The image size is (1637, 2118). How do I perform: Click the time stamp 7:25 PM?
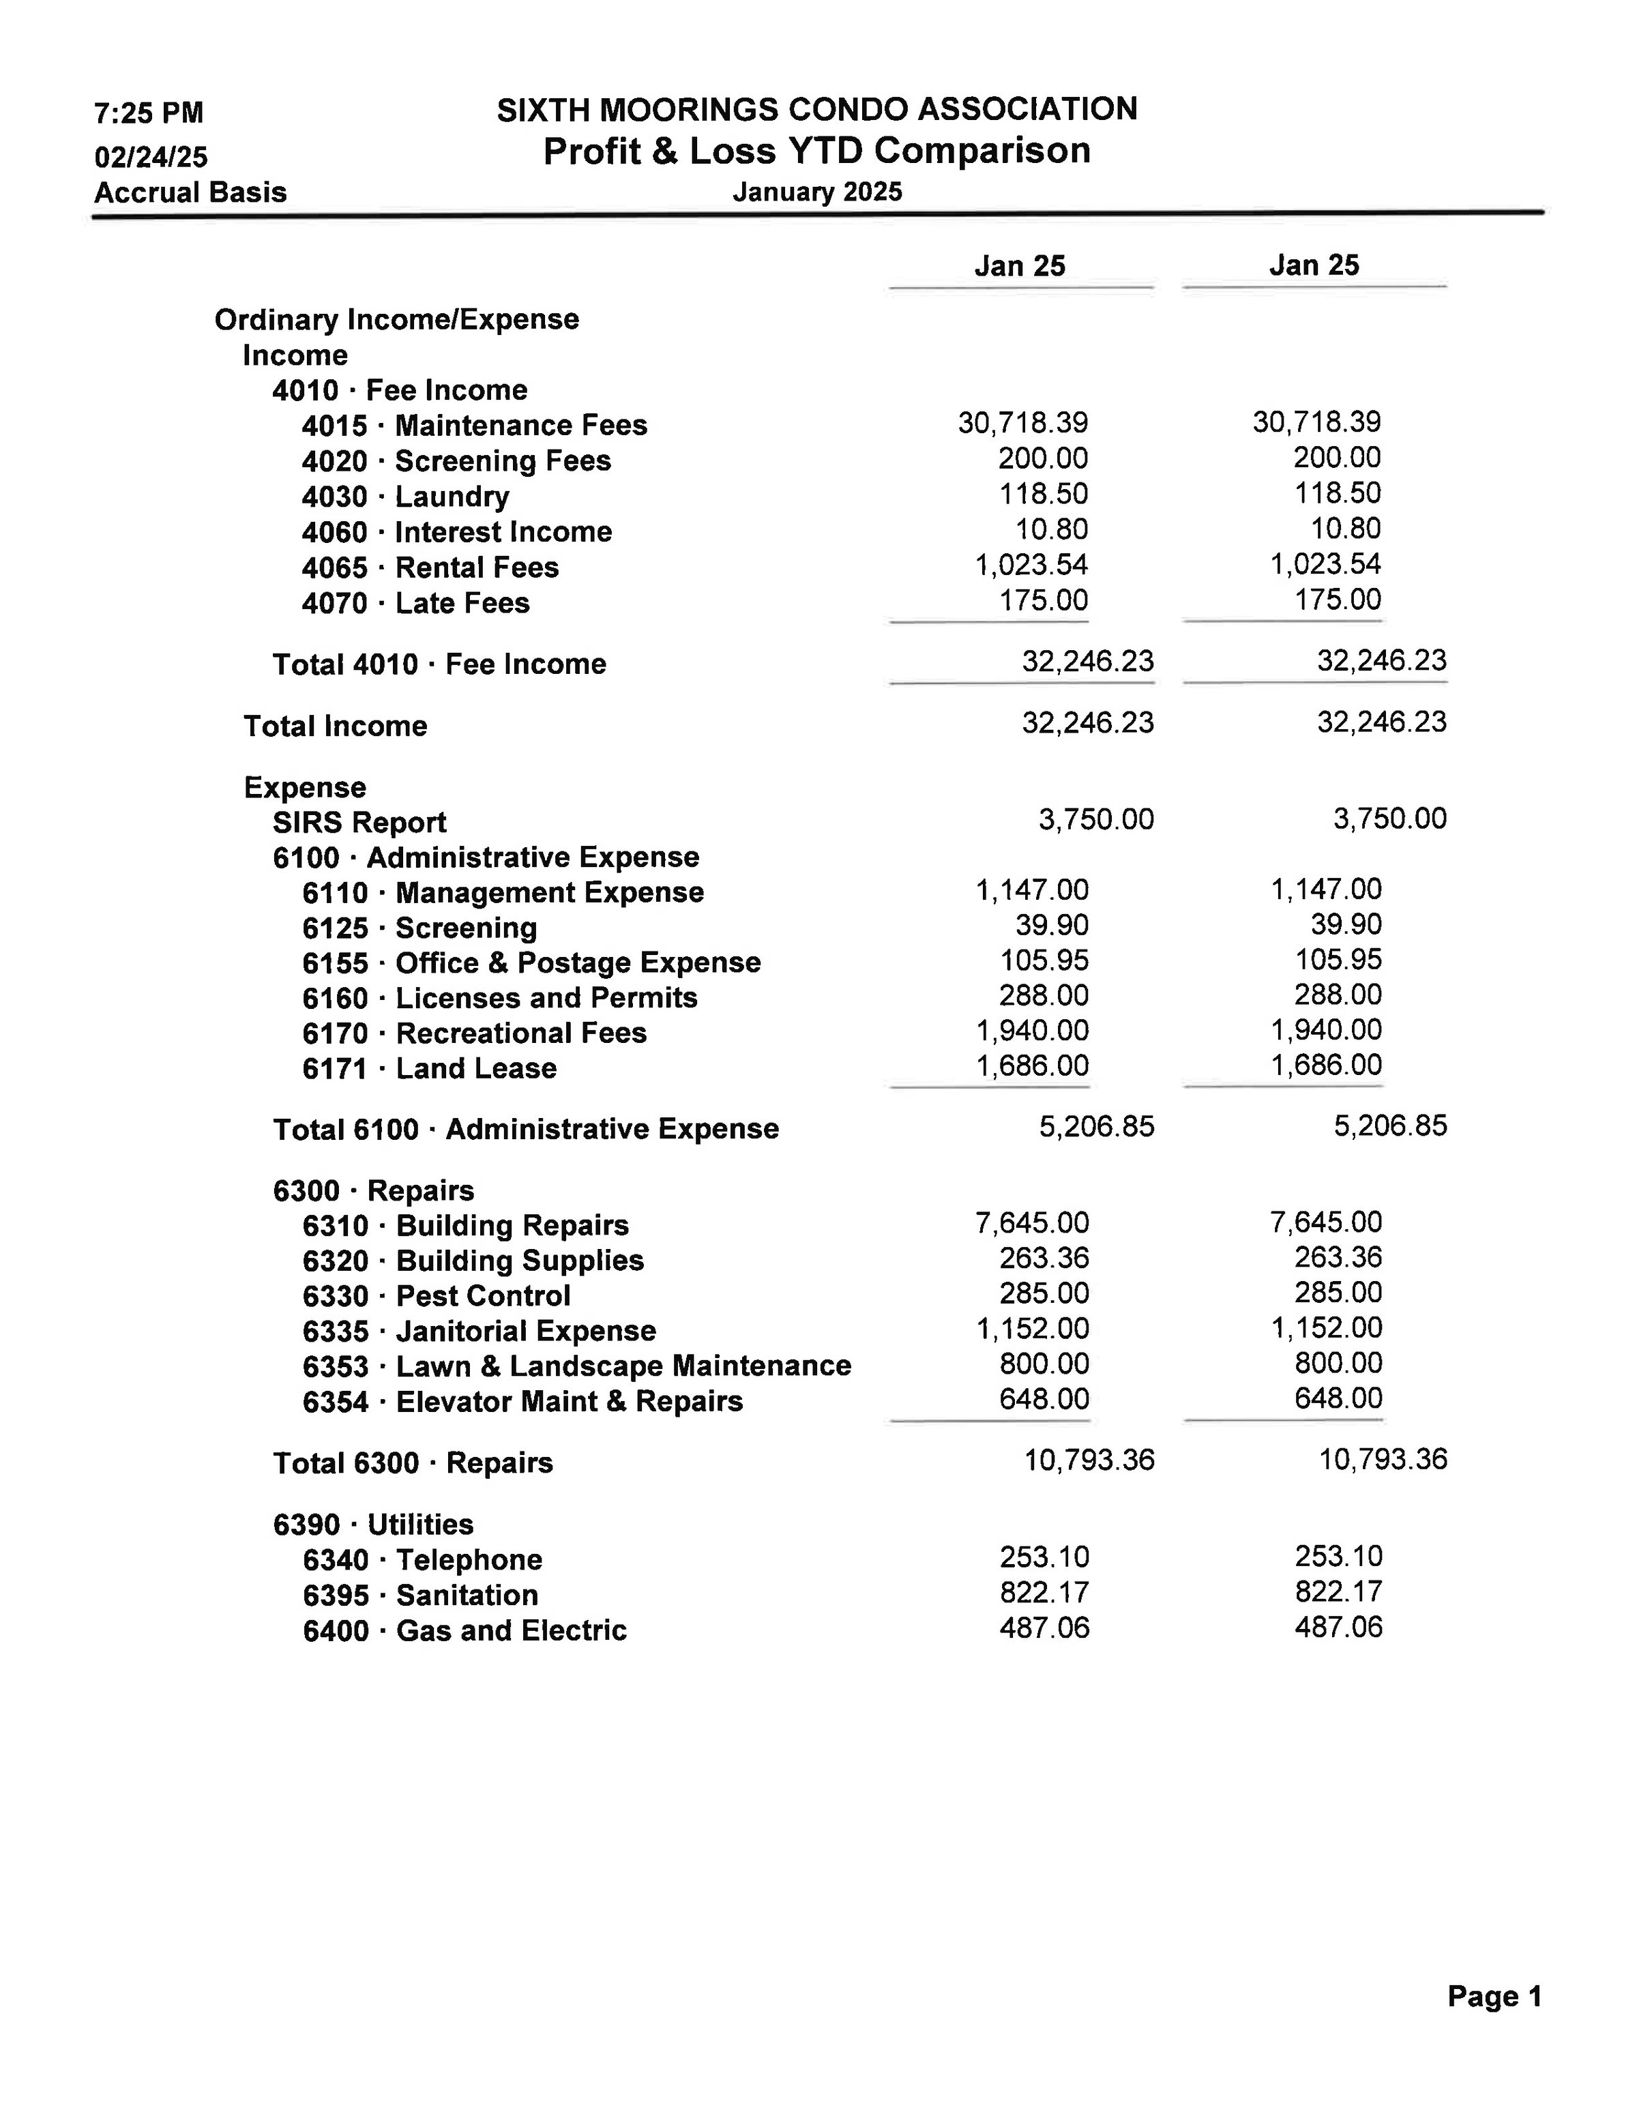(149, 113)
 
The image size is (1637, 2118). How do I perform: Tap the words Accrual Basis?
(190, 192)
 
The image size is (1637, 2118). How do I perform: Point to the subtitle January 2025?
(816, 192)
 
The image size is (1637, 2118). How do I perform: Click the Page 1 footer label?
(1494, 1996)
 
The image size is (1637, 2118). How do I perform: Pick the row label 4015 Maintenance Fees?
(473, 426)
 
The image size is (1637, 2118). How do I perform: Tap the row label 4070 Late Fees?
(415, 603)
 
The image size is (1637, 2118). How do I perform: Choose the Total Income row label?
(335, 726)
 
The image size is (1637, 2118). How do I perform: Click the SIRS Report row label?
(359, 823)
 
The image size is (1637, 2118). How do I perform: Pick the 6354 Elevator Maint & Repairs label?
(522, 1402)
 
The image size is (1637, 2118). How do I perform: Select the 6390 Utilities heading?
(372, 1525)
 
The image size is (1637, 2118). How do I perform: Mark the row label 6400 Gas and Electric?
(464, 1631)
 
